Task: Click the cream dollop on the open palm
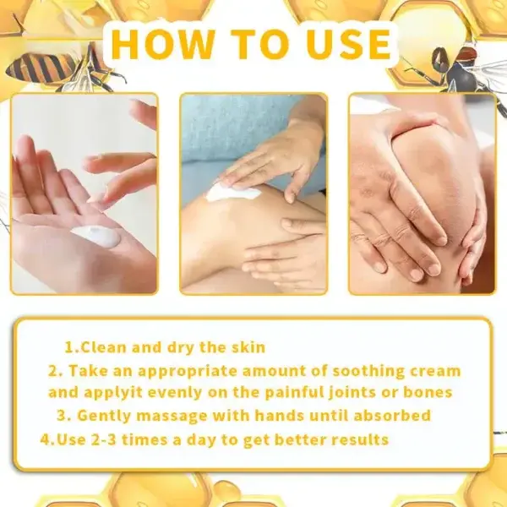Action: pyautogui.click(x=95, y=237)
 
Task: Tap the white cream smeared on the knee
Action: pyautogui.click(x=233, y=192)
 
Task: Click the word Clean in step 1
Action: pyautogui.click(x=109, y=347)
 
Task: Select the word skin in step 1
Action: pyautogui.click(x=247, y=347)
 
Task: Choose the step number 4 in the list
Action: pyautogui.click(x=44, y=439)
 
